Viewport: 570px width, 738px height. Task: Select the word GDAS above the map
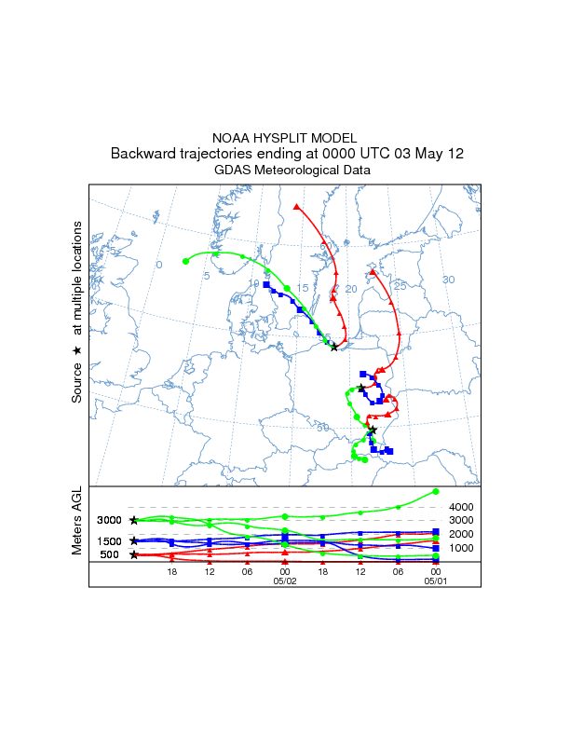point(233,171)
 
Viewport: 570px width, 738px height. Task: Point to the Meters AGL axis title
point(77,523)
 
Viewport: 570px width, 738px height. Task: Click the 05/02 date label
point(285,580)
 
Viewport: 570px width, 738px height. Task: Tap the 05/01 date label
point(436,580)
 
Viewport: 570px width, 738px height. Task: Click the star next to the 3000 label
point(134,520)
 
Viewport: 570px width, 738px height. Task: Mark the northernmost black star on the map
point(333,347)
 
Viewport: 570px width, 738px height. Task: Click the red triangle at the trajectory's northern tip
point(296,206)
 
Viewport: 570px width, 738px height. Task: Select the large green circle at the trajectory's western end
point(186,261)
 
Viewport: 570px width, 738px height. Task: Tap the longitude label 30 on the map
point(448,280)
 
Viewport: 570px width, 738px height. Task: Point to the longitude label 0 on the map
point(159,266)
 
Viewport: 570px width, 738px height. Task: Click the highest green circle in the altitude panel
point(436,491)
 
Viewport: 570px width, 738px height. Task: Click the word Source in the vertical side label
point(77,383)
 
